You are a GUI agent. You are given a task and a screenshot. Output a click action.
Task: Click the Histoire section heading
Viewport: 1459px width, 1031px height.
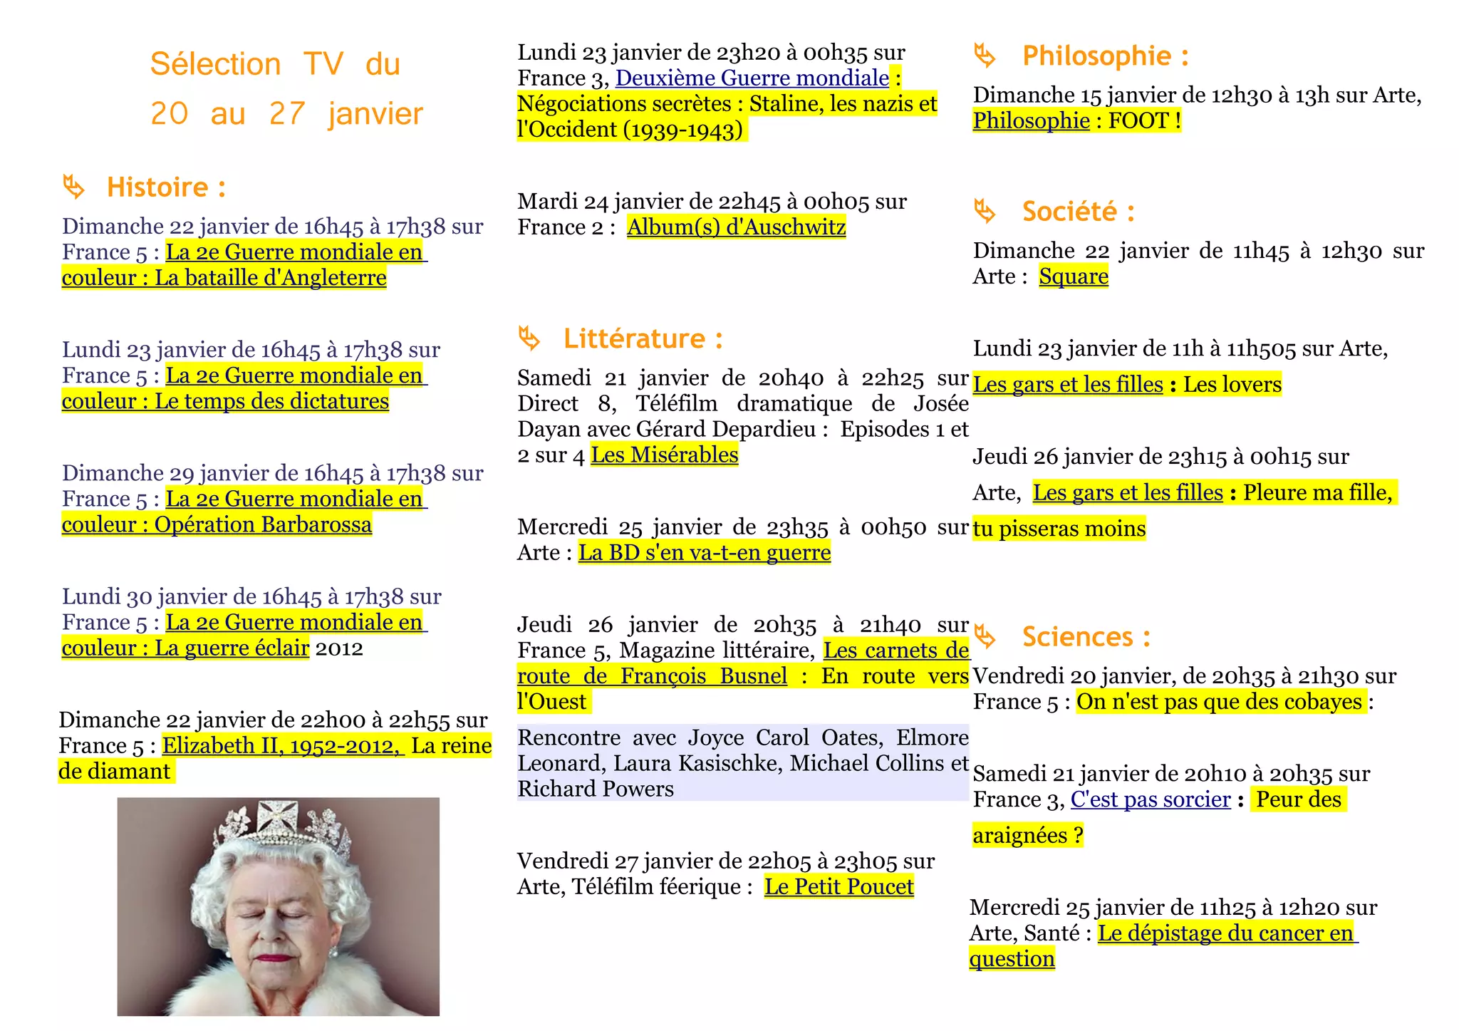tap(166, 187)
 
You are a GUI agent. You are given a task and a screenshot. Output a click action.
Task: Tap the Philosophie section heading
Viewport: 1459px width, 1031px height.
tap(1105, 56)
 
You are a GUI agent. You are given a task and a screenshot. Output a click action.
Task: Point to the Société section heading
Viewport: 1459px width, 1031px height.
tap(1078, 212)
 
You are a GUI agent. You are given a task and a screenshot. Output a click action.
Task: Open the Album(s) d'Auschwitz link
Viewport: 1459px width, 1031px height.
tap(736, 227)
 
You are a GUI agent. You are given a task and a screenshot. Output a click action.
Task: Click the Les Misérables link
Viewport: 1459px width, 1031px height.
tap(665, 455)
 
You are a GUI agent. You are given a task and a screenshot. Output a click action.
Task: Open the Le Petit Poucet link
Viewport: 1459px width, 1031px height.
tap(838, 887)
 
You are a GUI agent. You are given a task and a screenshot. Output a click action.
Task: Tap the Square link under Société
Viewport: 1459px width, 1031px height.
tap(1074, 276)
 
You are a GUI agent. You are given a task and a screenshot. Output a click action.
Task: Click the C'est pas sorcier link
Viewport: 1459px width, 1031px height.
tap(1151, 799)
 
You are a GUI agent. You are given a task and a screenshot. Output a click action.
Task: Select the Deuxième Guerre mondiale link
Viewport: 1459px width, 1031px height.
tap(752, 78)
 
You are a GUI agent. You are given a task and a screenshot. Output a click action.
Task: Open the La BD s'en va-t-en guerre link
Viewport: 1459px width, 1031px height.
tap(704, 553)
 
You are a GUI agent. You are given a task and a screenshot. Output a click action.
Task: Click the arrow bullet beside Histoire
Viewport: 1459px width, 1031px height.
tap(73, 187)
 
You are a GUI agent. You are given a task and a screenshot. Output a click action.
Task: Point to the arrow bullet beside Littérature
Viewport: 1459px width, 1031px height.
tap(529, 338)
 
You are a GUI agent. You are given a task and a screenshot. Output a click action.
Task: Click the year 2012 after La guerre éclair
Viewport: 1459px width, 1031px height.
tap(339, 648)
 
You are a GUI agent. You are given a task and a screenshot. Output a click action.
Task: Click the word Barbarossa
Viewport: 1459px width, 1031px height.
tap(317, 525)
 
